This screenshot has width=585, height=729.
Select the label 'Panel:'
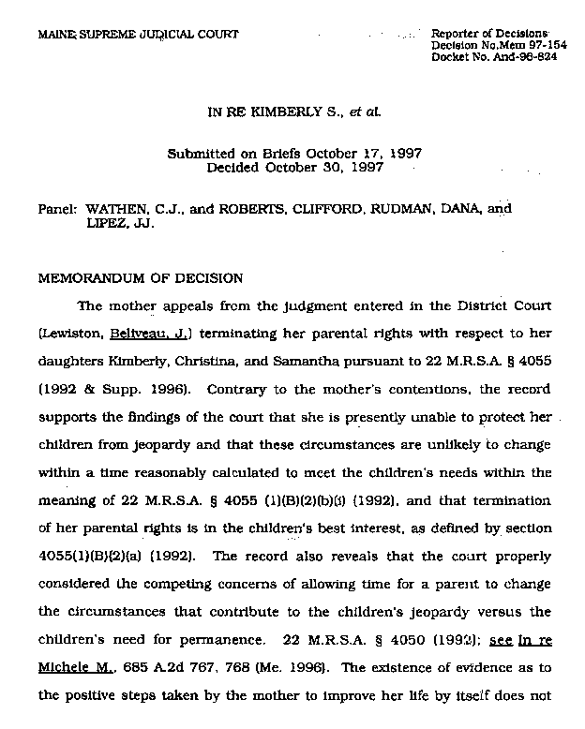coord(56,210)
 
